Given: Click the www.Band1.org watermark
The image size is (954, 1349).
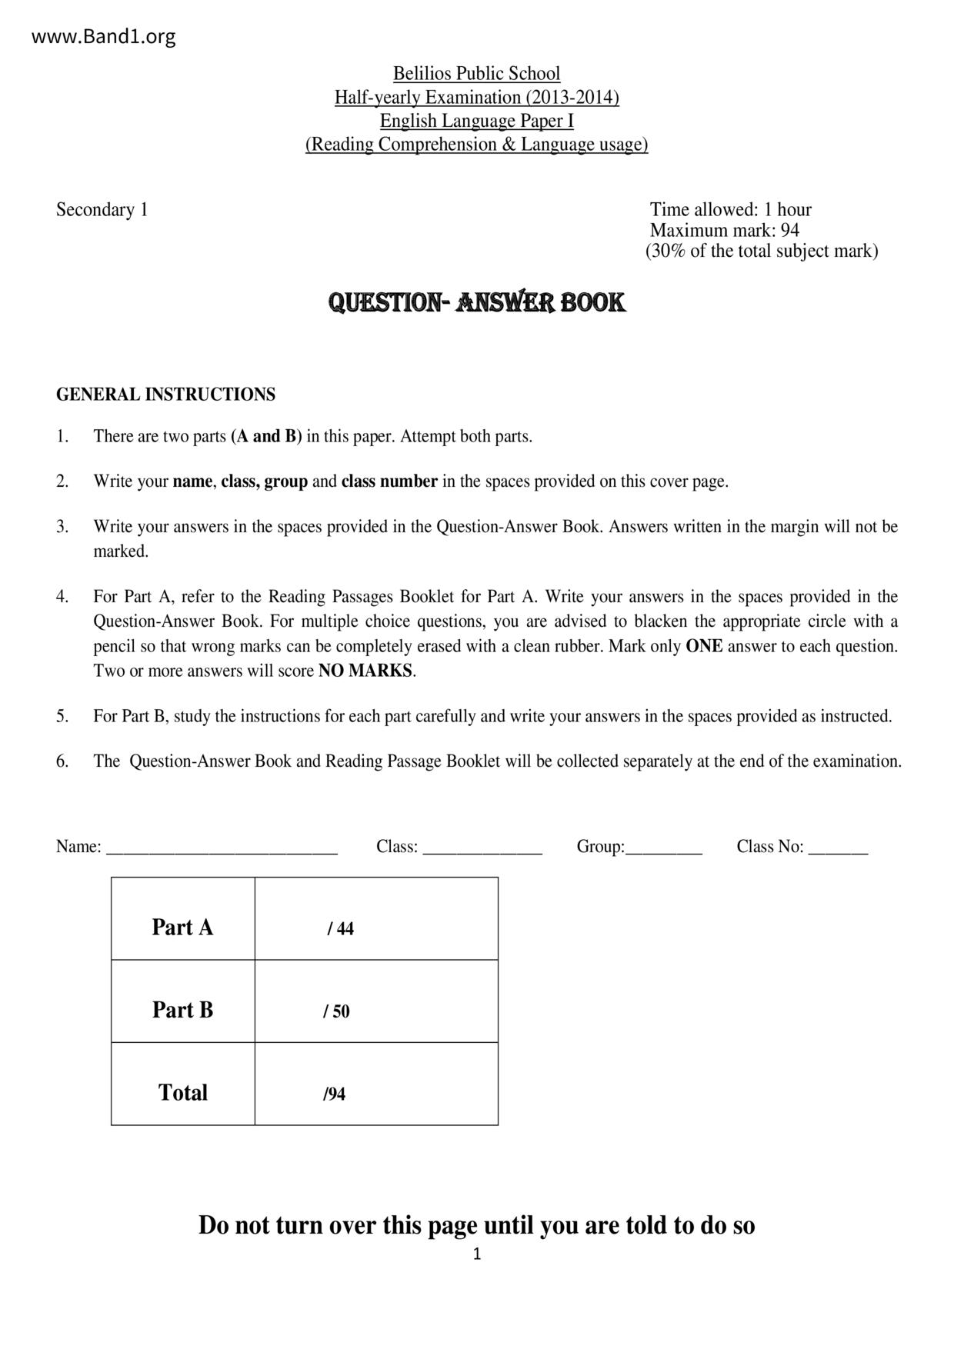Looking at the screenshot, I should click(x=104, y=36).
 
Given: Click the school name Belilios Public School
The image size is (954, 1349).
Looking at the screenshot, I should click(x=476, y=74).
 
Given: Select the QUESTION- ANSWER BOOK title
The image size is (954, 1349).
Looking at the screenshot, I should click(x=476, y=302).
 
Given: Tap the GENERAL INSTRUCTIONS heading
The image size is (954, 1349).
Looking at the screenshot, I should click(x=165, y=395).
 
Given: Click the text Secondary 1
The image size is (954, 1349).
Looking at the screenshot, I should click(x=102, y=210).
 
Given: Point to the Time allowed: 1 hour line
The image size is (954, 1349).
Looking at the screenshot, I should click(x=730, y=210).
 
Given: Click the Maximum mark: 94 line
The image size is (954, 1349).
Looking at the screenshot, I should click(x=724, y=230).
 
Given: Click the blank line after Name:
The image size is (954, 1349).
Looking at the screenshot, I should click(x=222, y=848).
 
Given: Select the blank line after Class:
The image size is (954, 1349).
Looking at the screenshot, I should click(x=482, y=848).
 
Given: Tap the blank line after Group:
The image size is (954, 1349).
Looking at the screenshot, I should click(x=664, y=848).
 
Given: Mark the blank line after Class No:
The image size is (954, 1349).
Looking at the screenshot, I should click(x=838, y=848).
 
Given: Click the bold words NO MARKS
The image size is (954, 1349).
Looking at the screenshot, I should click(x=365, y=671).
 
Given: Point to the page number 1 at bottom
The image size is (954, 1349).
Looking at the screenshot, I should click(x=476, y=1254).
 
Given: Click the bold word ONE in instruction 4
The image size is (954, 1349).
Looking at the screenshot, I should click(x=703, y=646).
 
